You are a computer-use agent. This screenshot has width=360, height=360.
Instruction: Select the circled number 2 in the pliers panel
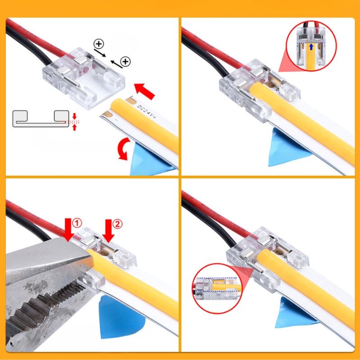click(x=117, y=223)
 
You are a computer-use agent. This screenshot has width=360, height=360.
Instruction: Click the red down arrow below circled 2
click(x=108, y=230)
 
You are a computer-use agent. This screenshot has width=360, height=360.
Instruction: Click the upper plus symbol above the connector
click(x=99, y=45)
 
